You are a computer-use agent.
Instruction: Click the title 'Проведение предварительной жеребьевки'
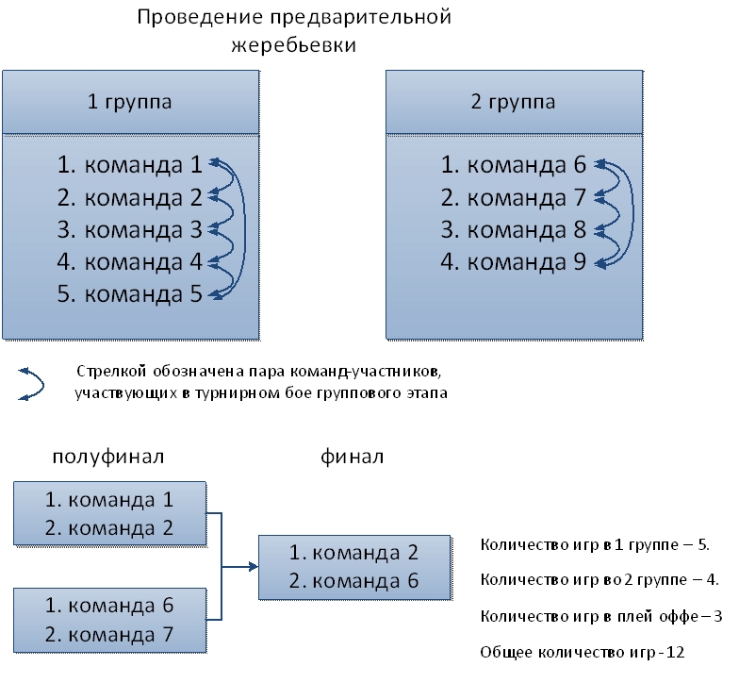[x=293, y=31]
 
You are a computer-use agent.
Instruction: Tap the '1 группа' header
[x=130, y=102]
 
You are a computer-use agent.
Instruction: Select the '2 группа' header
[x=514, y=102]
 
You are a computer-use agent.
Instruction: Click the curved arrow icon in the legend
[x=32, y=383]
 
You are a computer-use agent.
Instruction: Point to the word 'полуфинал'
[x=108, y=458]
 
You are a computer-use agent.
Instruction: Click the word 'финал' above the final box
[x=353, y=458]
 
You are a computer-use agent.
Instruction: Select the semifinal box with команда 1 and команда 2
[x=109, y=513]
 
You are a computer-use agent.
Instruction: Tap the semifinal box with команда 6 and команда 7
[x=109, y=618]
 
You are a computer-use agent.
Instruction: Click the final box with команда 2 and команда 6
[x=353, y=566]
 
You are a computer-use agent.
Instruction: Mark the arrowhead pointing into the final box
[x=253, y=567]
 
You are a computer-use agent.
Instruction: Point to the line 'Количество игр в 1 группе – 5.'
[x=595, y=544]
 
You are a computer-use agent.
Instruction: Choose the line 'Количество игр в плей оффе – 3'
[x=600, y=616]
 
